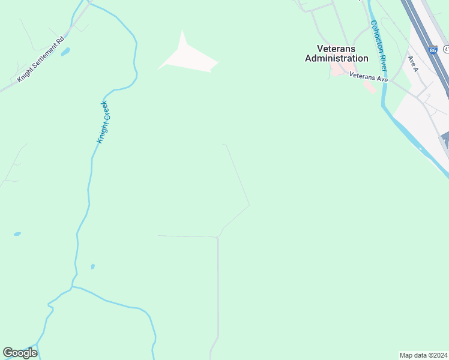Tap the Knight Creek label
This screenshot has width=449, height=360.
click(x=103, y=122)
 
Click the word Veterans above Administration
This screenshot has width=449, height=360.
click(x=337, y=49)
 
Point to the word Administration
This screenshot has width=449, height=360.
click(x=337, y=58)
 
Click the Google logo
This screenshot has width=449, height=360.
click(x=20, y=353)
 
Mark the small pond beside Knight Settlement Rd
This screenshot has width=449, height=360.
click(x=65, y=52)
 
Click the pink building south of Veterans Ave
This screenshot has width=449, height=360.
click(x=370, y=87)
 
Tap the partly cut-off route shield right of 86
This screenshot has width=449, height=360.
click(x=447, y=47)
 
